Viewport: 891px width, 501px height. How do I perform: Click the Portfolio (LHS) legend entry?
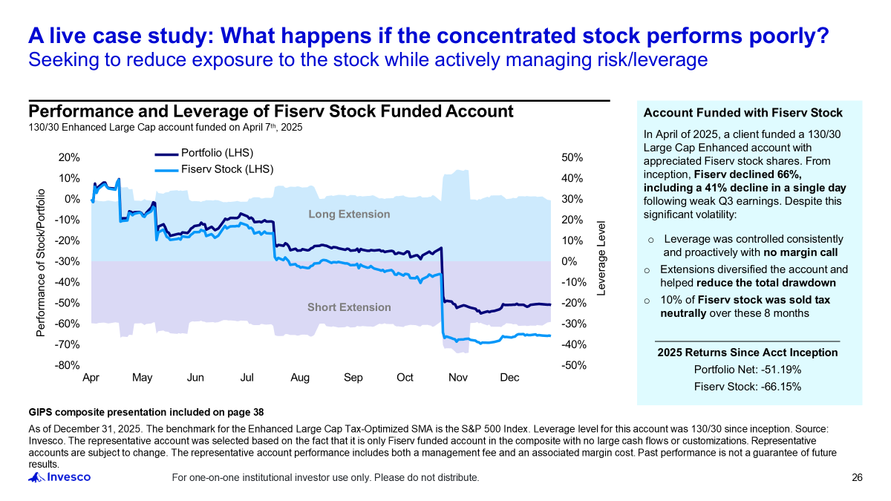tap(218, 154)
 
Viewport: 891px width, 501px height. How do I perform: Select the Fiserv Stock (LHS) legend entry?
tap(227, 169)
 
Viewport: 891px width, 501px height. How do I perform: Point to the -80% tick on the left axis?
tap(69, 365)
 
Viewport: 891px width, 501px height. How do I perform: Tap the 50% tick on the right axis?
tap(572, 158)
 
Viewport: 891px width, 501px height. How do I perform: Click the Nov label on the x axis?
tap(458, 378)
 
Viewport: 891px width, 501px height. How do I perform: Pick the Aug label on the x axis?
tap(300, 378)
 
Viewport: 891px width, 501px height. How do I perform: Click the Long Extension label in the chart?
tap(349, 215)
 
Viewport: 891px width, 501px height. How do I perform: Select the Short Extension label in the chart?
tap(349, 307)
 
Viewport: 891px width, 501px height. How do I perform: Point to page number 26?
tap(857, 477)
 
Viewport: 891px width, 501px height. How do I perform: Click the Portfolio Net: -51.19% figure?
tap(747, 370)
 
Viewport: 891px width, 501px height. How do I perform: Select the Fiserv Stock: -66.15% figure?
tap(747, 386)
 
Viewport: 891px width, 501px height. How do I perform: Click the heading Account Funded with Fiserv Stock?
tap(742, 114)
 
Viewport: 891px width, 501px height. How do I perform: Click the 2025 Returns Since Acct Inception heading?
tap(747, 353)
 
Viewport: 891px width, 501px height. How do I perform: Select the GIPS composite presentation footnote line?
tap(146, 412)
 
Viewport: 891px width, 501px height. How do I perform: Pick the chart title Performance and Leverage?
tap(270, 111)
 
